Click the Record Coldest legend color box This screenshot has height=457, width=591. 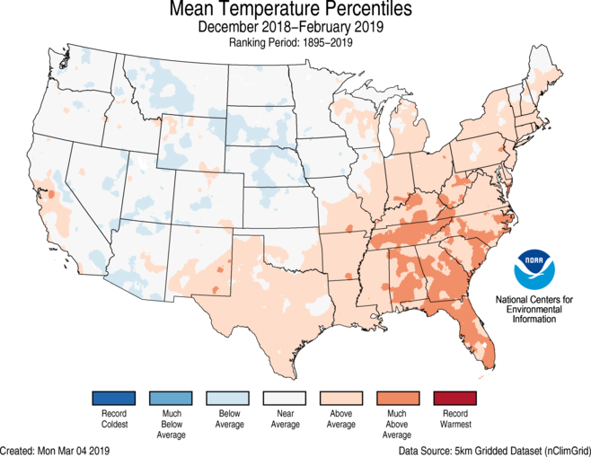click(x=112, y=397)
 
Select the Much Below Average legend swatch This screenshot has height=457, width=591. click(x=170, y=397)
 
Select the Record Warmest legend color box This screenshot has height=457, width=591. click(x=454, y=397)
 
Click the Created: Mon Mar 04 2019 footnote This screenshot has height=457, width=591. click(x=56, y=449)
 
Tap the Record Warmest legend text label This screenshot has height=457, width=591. click(x=454, y=420)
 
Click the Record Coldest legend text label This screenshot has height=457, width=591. click(x=112, y=420)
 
